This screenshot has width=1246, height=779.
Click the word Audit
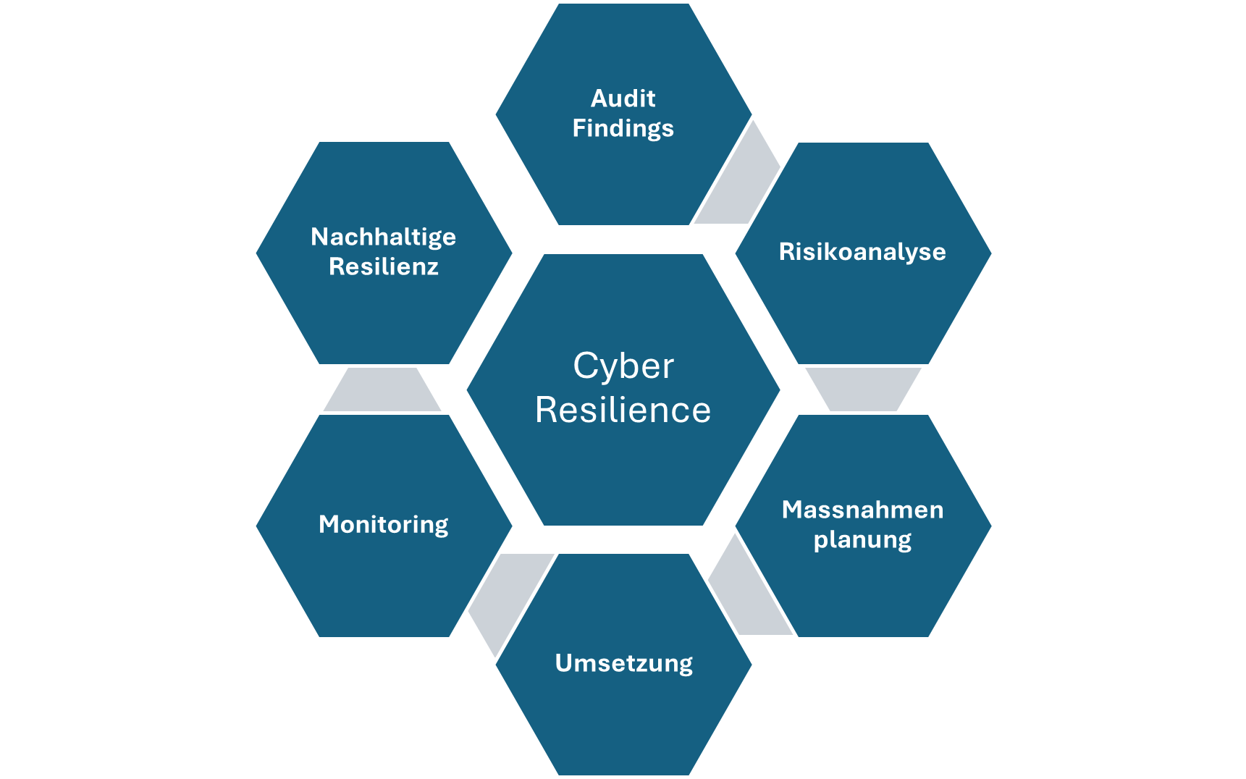(623, 98)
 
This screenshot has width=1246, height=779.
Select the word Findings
(623, 128)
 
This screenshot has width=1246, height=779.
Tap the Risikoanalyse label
(862, 252)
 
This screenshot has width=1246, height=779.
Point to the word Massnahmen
(862, 510)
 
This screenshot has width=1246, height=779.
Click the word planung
(862, 540)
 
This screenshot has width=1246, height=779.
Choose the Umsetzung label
(623, 663)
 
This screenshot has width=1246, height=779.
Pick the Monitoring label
(384, 524)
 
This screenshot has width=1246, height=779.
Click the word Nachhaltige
(383, 237)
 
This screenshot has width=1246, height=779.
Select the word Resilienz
(384, 266)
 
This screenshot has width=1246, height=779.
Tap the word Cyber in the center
(623, 366)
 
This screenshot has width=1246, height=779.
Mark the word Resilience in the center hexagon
(623, 410)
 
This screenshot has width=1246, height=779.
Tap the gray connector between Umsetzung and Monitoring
(507, 594)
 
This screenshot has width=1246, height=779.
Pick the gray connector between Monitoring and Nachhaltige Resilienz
(382, 389)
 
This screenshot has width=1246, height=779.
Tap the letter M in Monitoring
(329, 523)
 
